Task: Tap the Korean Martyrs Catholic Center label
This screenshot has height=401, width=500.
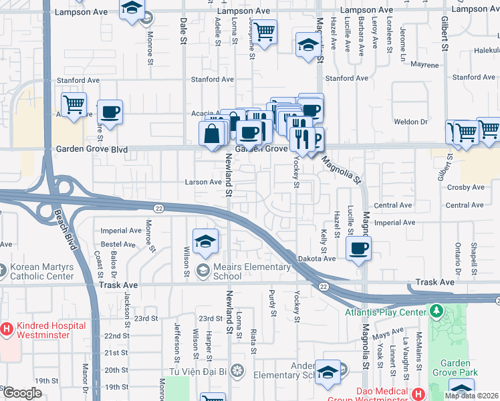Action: (x=41, y=271)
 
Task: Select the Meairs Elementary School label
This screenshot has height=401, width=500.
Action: (x=252, y=271)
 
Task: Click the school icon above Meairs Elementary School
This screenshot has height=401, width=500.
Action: (x=206, y=241)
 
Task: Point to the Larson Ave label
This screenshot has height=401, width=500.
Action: (x=203, y=182)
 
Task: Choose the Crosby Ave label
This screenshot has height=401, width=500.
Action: (x=466, y=187)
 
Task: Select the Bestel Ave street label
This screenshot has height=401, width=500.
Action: (x=118, y=245)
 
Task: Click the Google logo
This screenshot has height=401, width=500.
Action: (x=22, y=392)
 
